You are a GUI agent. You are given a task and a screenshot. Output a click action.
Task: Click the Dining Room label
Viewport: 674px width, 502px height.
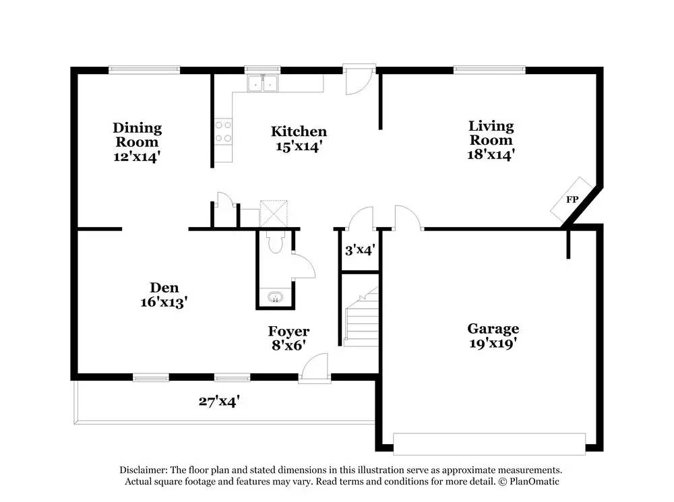point(137,135)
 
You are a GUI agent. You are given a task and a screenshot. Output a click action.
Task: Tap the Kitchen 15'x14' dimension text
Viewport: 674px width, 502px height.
point(299,147)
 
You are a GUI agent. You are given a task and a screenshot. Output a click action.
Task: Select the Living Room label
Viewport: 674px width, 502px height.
point(491,133)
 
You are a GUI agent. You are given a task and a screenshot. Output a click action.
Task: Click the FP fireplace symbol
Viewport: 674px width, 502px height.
point(572,199)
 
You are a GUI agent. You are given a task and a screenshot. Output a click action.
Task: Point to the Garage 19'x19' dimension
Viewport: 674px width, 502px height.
point(493,344)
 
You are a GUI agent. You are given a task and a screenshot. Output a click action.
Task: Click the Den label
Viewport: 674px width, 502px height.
point(164,288)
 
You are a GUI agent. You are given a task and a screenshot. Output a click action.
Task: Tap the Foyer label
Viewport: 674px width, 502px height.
point(289,331)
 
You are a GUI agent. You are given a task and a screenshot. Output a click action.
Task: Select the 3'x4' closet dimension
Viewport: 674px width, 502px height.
point(360,250)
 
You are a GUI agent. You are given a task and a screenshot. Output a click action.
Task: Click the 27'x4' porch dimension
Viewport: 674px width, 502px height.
point(219,402)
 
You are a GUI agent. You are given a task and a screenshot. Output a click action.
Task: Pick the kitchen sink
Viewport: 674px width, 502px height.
point(262,83)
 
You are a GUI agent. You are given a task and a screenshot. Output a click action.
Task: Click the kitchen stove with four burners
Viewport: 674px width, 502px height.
point(224,132)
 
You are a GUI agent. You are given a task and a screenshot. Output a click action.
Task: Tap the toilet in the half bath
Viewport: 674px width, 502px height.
point(274,242)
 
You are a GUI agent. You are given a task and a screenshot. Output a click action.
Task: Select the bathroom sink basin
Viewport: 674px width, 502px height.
point(274,297)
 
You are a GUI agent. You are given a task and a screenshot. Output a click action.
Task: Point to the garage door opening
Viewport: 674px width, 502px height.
point(489,444)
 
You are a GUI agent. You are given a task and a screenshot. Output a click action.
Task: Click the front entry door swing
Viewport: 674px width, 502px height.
point(315,368)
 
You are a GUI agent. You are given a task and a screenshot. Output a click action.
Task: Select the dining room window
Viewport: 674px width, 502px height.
point(144,69)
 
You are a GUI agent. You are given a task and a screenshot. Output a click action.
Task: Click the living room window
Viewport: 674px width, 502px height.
point(489,69)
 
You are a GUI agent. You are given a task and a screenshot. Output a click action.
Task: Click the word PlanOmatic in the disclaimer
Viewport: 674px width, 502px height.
point(534,481)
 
